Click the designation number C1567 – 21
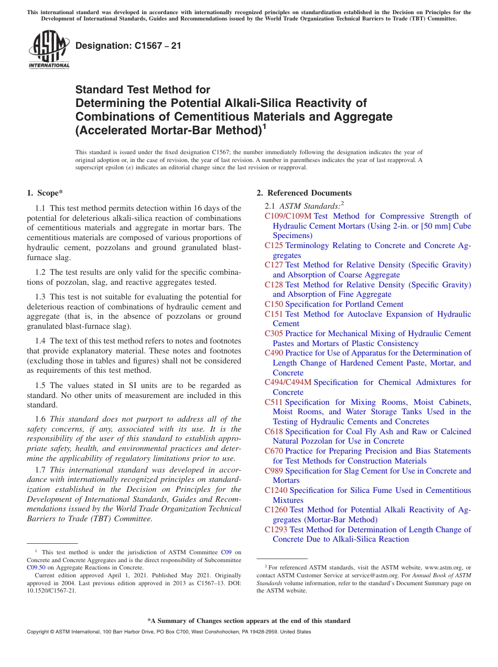coord(128,46)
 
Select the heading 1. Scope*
coord(46,193)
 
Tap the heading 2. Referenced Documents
coord(304,193)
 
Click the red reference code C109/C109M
coord(288,216)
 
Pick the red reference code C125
coord(274,245)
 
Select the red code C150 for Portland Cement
coord(274,304)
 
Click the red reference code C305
coord(274,333)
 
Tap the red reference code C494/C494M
coord(288,382)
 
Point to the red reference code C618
coord(274,432)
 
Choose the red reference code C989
coord(274,471)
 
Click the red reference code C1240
coord(276,490)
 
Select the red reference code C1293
coord(276,530)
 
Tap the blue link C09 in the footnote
coord(226,552)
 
